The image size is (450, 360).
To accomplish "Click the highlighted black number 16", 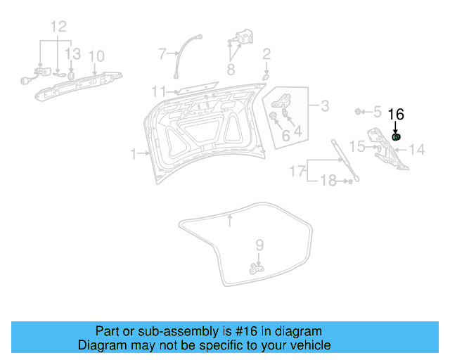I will [396, 114].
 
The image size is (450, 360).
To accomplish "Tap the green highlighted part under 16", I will [397, 137].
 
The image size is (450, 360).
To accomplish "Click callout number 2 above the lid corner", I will [266, 54].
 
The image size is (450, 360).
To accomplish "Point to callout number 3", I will [324, 106].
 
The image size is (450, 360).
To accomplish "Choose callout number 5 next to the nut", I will [377, 111].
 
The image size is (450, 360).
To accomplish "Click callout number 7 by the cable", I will [162, 53].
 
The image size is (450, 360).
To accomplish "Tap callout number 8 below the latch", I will [231, 69].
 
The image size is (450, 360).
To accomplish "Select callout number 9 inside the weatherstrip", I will [259, 245].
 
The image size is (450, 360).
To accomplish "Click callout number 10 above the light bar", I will [96, 56].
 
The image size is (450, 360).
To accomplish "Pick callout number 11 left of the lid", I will [159, 91].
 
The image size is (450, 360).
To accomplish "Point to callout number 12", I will [58, 27].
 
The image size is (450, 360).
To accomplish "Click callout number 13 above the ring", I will [72, 53].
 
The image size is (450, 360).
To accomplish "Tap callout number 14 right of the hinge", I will [417, 149].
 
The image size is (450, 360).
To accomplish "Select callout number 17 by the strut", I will [298, 172].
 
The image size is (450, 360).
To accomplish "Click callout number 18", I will [328, 181].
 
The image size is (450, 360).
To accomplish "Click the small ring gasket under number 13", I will [72, 72].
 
